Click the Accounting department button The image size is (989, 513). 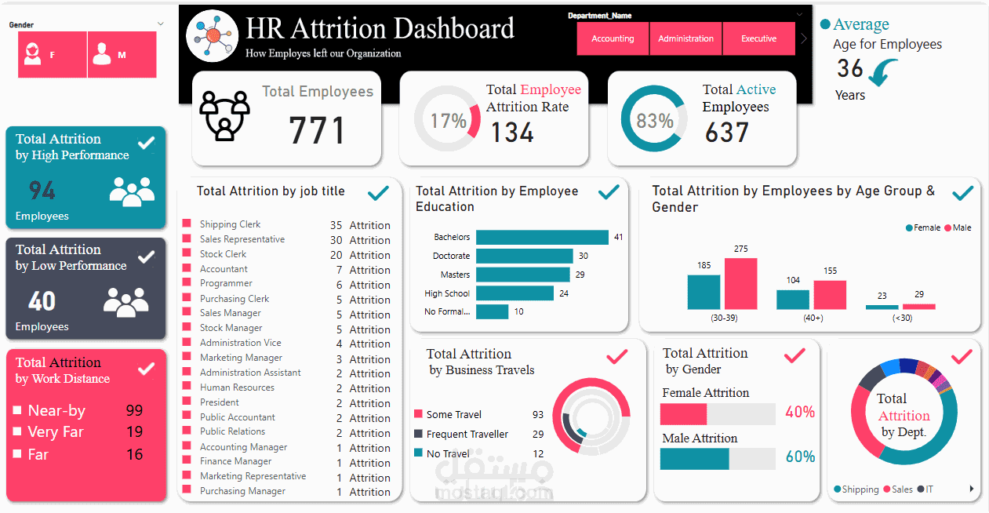[x=613, y=38]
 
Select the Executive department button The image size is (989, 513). [x=758, y=38]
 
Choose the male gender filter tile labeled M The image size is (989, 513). [x=122, y=55]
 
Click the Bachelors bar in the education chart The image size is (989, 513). [x=542, y=237]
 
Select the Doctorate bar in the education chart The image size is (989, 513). [x=524, y=256]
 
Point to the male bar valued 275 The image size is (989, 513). [x=740, y=283]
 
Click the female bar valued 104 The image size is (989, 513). [x=793, y=300]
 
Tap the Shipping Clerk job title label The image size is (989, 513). [x=230, y=224]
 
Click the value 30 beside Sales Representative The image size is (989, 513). [x=336, y=240]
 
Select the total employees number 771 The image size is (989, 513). [x=317, y=130]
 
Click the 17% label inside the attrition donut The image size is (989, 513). [x=448, y=121]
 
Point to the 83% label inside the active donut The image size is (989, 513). [x=655, y=121]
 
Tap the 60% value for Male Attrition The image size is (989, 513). [x=800, y=457]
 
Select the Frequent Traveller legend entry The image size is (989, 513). [x=467, y=434]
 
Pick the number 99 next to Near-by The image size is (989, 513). [x=134, y=410]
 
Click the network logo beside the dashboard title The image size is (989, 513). [x=213, y=35]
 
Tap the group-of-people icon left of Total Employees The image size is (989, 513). [x=224, y=115]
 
